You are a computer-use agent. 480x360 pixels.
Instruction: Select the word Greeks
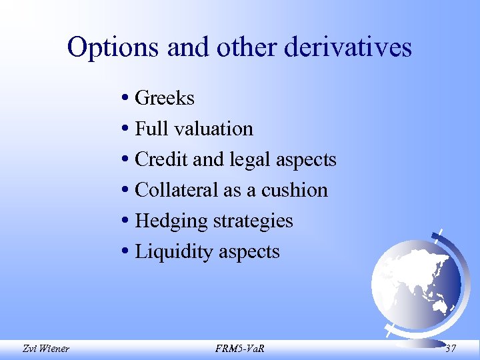(x=165, y=99)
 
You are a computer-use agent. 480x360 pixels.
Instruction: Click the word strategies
(x=251, y=221)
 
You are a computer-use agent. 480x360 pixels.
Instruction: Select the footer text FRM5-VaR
(x=239, y=347)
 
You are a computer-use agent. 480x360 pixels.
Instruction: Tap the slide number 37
(x=451, y=347)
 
